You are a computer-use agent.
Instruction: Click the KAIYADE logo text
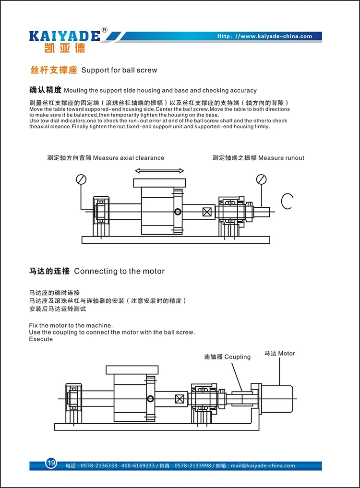click(x=65, y=36)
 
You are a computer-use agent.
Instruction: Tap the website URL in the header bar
click(x=264, y=36)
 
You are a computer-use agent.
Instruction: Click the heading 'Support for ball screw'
click(x=119, y=71)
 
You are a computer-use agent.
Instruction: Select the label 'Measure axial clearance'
click(x=129, y=158)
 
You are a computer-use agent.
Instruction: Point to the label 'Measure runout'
click(x=281, y=158)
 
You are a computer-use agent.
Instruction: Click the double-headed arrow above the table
click(x=159, y=170)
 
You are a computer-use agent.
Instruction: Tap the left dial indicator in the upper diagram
click(x=81, y=179)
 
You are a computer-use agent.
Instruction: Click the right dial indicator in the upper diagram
click(x=261, y=179)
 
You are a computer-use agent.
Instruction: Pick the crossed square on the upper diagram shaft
click(x=207, y=212)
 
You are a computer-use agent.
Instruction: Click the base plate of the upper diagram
click(x=176, y=239)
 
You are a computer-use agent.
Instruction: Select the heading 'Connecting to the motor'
click(x=119, y=271)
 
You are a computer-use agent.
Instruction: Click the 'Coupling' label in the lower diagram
click(x=237, y=357)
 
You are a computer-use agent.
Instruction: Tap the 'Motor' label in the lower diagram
click(x=287, y=353)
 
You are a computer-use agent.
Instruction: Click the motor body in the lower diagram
click(x=276, y=399)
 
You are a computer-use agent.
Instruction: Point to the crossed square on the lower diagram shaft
click(x=180, y=399)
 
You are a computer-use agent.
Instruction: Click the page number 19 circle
click(x=51, y=463)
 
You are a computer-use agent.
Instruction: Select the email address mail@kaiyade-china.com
click(x=263, y=465)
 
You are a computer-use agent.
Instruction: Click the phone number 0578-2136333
click(x=99, y=465)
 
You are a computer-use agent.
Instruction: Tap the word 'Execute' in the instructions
click(x=41, y=339)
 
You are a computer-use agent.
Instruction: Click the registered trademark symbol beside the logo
click(x=105, y=30)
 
